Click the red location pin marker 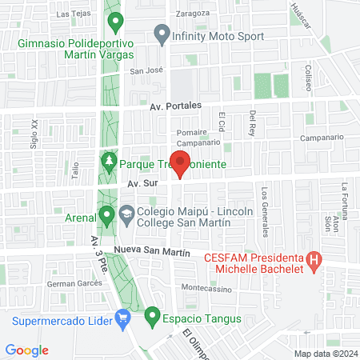point(181,162)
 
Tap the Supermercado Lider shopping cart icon point(122,322)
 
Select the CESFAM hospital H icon point(314,259)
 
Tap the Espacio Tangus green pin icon point(152,318)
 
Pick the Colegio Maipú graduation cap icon point(127,214)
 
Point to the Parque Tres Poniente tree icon point(108,163)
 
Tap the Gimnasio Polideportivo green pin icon point(114,22)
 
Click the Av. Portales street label point(175,106)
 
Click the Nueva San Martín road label point(153,251)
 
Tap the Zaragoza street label point(193,14)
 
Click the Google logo point(26,350)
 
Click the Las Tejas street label point(74,14)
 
